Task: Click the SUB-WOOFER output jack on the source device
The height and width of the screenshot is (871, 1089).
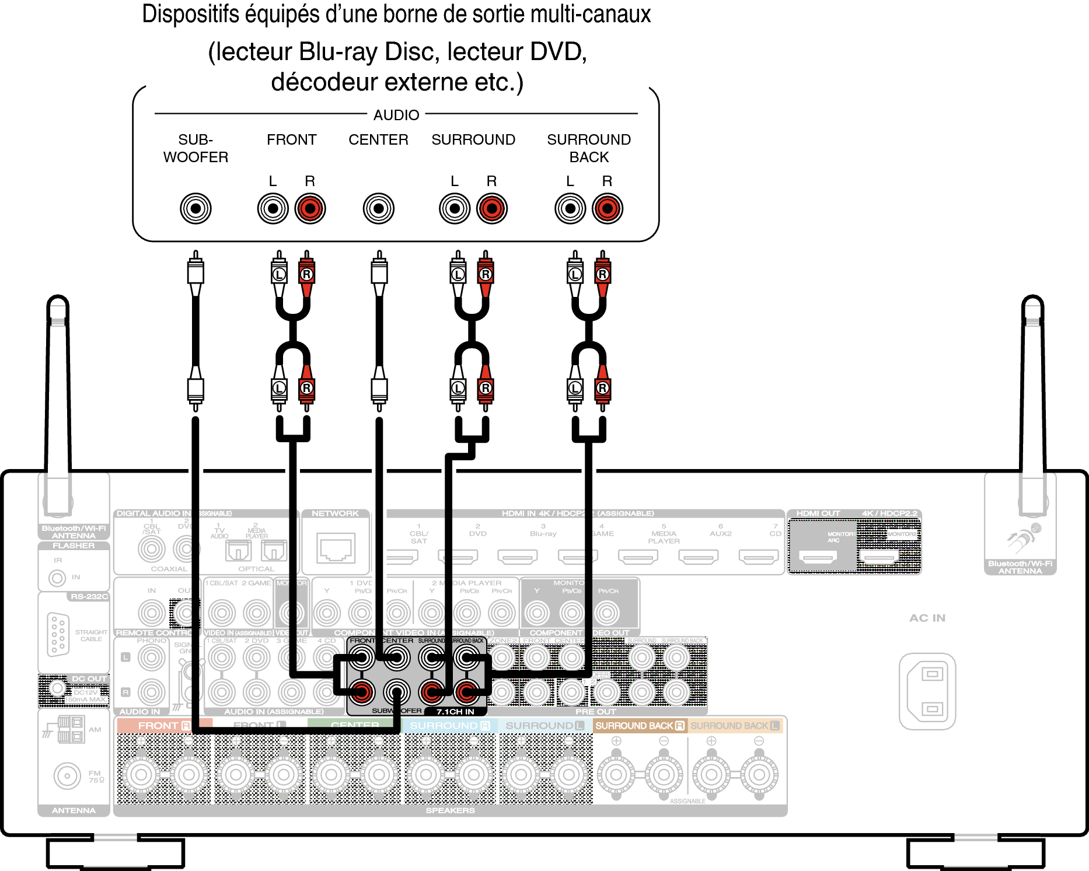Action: [x=196, y=208]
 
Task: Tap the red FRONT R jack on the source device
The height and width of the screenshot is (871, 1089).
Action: [x=310, y=208]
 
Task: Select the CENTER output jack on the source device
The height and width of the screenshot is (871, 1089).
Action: [x=379, y=208]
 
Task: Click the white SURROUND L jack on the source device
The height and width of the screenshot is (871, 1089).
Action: [x=455, y=208]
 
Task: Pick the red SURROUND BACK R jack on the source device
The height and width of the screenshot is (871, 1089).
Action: [x=608, y=208]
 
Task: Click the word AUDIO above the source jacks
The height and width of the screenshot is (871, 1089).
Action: [x=396, y=115]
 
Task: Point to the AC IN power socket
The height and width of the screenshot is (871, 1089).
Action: [x=927, y=691]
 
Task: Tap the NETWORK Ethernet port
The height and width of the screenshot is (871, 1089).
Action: [x=336, y=548]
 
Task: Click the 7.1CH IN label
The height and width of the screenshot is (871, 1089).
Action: [x=455, y=712]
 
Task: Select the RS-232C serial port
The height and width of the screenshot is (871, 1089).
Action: [x=58, y=635]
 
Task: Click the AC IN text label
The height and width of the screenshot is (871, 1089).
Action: [x=927, y=618]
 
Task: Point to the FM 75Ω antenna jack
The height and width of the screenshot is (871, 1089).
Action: [x=67, y=776]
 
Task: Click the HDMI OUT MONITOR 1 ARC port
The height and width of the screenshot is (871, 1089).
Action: [x=818, y=557]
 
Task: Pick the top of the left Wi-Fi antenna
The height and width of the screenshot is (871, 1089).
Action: [x=58, y=303]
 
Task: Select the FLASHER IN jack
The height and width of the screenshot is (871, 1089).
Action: [x=57, y=578]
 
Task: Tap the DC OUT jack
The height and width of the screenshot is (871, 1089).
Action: [x=57, y=688]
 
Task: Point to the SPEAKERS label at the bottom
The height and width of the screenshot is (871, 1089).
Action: [x=450, y=810]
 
